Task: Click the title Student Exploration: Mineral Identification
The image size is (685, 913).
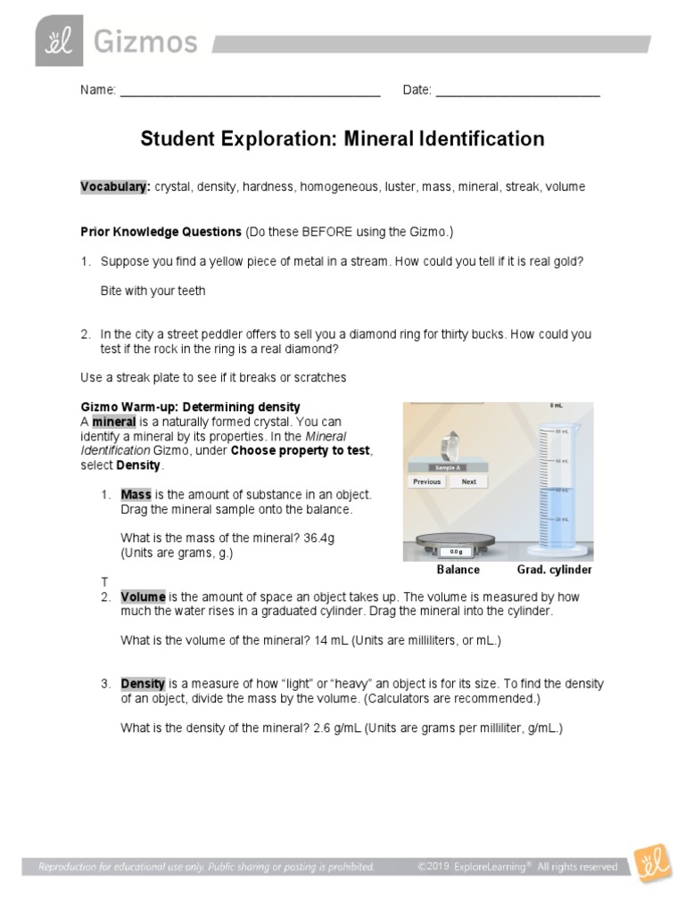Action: click(342, 139)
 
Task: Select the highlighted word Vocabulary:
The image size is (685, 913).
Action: click(115, 187)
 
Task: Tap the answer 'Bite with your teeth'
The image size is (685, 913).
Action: click(153, 291)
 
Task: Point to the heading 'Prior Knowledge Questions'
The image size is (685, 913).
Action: click(161, 232)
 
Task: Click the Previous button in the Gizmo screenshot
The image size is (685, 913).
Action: click(426, 481)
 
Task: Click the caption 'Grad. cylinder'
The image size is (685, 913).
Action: click(555, 570)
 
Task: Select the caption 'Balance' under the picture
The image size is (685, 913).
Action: click(458, 570)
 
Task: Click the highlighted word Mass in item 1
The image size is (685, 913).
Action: click(136, 494)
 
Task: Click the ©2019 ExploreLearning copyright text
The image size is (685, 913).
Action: click(517, 867)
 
